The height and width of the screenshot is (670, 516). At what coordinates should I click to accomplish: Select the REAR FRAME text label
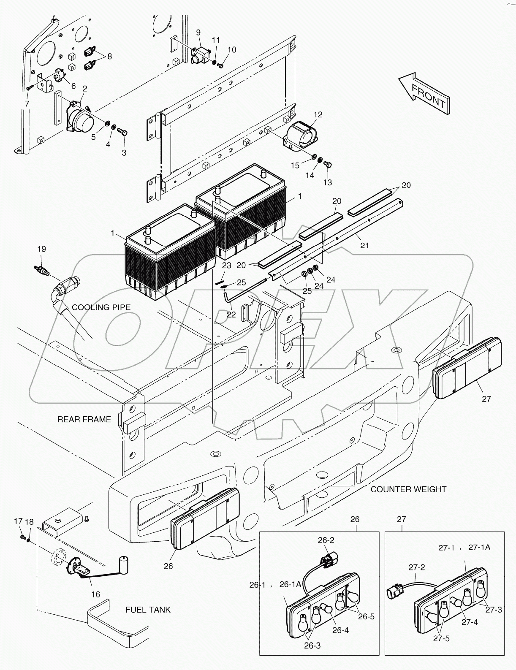tap(84, 419)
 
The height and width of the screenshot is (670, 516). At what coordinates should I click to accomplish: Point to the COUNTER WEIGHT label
tap(408, 489)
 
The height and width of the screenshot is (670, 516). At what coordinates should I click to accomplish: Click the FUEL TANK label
tap(148, 610)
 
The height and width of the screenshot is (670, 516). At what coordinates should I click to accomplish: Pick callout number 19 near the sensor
tap(41, 249)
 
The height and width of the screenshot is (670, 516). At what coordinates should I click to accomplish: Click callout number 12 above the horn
tap(318, 114)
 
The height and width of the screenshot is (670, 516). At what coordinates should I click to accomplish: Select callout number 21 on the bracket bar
tap(364, 245)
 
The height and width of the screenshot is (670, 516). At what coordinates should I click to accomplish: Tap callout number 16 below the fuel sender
tap(96, 594)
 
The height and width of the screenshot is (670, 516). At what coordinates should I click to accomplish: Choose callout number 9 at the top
tap(198, 32)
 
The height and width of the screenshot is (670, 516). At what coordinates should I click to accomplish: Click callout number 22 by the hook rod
tap(231, 315)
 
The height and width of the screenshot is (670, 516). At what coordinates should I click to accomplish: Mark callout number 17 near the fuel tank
tap(18, 521)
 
